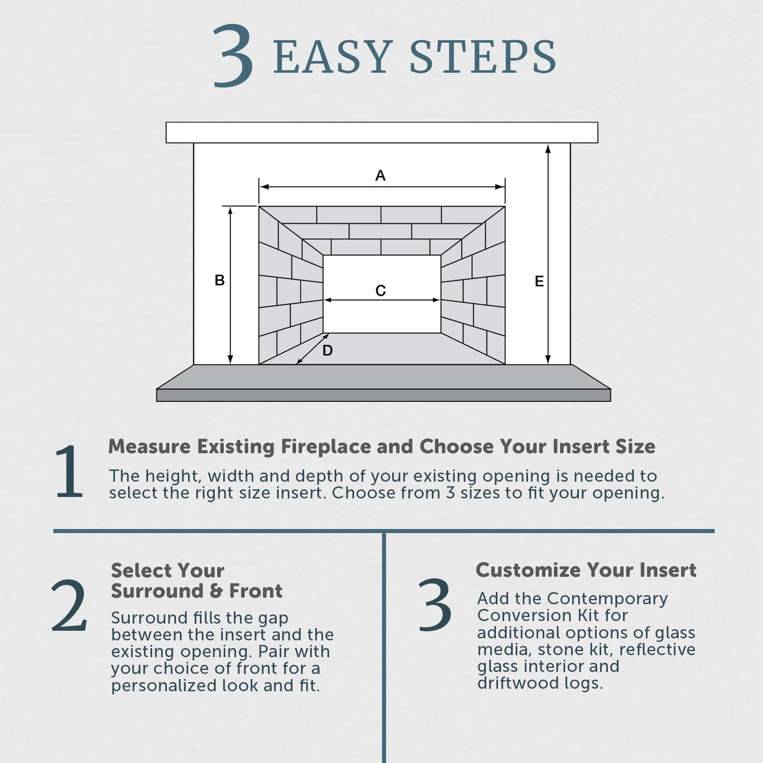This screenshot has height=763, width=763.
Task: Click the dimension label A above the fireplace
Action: coord(380,175)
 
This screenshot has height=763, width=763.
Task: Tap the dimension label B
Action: coord(219,280)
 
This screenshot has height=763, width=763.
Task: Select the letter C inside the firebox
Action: coord(381,290)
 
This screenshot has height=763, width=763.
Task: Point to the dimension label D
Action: coord(327,351)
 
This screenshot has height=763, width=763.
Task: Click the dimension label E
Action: coord(539,281)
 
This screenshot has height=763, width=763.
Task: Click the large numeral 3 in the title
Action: coord(233,56)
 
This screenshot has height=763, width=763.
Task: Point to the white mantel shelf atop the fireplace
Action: coord(382,133)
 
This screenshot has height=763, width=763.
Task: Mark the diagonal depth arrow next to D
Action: coord(313,349)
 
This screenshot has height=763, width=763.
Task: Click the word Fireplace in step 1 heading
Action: coord(326,447)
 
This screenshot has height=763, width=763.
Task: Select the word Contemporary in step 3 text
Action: coord(607,599)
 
